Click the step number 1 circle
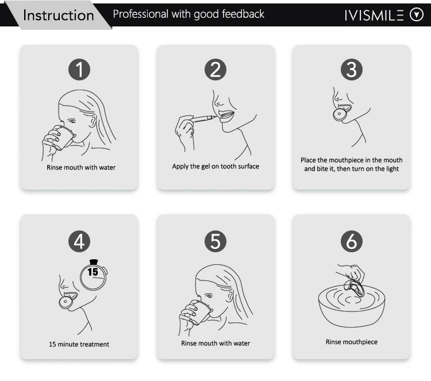click(79, 70)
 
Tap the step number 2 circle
click(215, 70)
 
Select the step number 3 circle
click(352, 70)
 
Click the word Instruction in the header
click(58, 15)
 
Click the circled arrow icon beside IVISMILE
click(416, 15)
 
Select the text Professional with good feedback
click(188, 14)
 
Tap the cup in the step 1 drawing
click(64, 138)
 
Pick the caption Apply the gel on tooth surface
click(215, 167)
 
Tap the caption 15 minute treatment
click(79, 344)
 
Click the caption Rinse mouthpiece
click(352, 342)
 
